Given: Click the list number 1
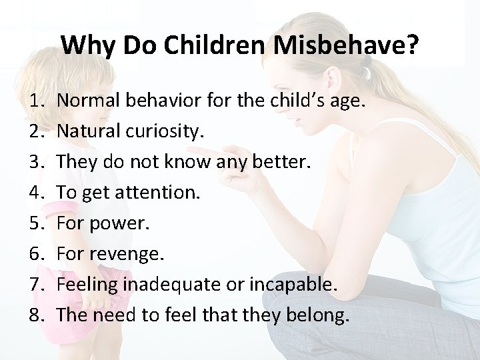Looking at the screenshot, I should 35,101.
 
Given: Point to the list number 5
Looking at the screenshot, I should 35,223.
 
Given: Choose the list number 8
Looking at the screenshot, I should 35,315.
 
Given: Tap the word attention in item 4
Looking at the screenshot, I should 155,193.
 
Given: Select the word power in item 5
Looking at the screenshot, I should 121,223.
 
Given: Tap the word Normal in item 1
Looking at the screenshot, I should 87,101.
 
